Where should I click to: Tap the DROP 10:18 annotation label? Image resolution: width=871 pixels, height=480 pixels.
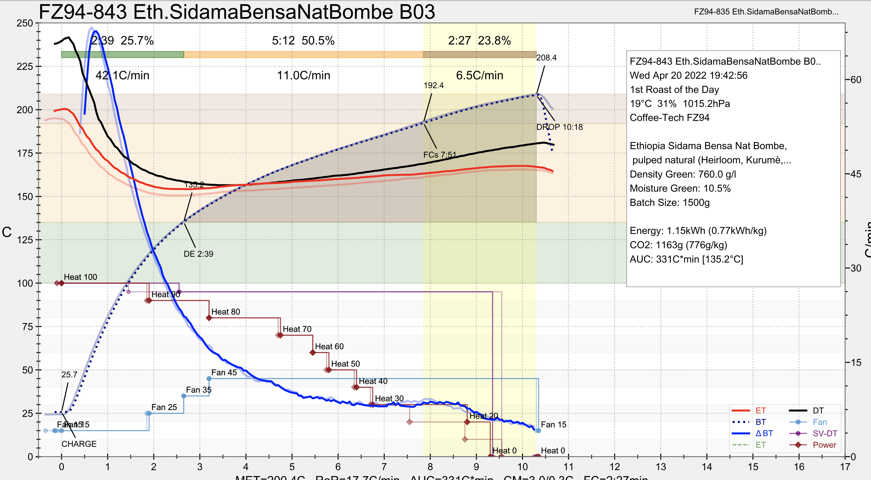[559, 127]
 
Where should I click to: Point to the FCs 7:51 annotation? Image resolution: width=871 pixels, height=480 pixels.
[440, 155]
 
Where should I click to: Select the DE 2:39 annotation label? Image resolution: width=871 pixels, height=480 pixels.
[199, 254]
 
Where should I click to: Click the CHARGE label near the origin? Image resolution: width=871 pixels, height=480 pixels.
[79, 444]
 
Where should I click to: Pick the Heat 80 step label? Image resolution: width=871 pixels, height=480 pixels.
[226, 312]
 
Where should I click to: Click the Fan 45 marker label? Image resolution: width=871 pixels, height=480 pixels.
[224, 373]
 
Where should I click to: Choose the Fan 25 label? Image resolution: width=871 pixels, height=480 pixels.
[164, 407]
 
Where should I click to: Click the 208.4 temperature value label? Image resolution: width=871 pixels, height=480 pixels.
[546, 58]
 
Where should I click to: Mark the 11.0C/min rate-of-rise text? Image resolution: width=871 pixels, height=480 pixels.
[303, 75]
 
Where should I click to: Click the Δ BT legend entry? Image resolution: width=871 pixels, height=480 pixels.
[764, 433]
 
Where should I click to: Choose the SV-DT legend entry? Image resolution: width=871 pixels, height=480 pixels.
[825, 433]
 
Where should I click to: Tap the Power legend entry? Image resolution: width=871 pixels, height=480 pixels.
[824, 445]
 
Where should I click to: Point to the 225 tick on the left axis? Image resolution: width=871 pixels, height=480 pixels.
[25, 67]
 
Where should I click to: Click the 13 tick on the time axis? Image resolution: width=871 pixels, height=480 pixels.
[661, 467]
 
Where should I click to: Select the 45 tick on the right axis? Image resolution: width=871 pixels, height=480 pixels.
[856, 174]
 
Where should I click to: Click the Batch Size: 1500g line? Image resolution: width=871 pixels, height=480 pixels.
[669, 203]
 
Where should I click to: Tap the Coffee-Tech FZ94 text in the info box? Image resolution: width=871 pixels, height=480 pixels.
[669, 118]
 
